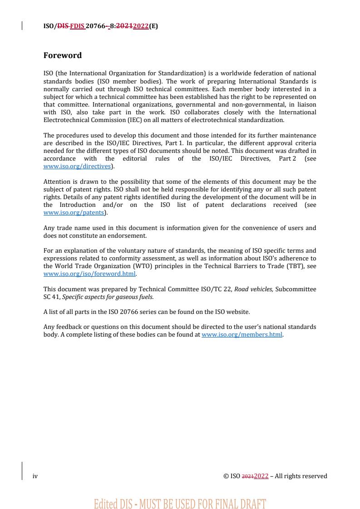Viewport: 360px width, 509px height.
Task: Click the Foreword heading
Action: coord(63,55)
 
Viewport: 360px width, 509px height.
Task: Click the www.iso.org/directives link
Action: coord(77,166)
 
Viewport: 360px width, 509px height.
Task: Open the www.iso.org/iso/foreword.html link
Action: coord(89,274)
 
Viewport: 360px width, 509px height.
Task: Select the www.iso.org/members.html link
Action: coord(242,335)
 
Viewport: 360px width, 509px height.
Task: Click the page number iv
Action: coord(35,476)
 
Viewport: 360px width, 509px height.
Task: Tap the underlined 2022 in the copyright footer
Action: coord(261,476)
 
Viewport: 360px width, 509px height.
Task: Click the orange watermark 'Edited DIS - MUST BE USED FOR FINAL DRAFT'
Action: coord(180,504)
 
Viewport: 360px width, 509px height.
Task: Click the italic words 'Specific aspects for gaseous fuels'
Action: coord(108,297)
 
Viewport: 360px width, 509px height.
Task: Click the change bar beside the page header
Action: coord(22,26)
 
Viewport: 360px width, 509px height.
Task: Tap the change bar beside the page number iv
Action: coord(22,471)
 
